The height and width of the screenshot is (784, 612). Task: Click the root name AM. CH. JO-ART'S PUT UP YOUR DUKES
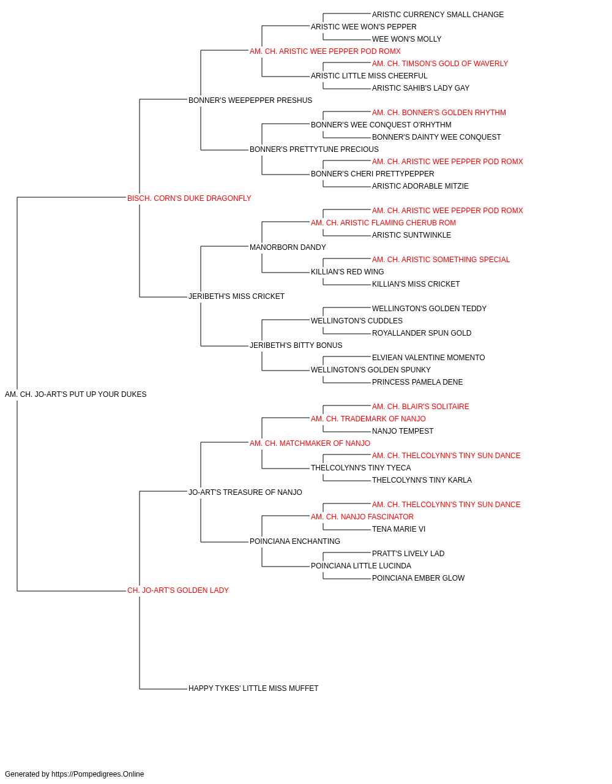click(x=76, y=394)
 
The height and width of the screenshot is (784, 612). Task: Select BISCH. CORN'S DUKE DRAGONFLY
click(x=189, y=198)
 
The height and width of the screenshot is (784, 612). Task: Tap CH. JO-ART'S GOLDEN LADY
click(x=178, y=590)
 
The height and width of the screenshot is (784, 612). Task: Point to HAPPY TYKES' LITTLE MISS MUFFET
click(x=253, y=688)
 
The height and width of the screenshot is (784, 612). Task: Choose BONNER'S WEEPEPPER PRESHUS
click(x=250, y=100)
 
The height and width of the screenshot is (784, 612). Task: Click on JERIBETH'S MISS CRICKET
click(x=236, y=296)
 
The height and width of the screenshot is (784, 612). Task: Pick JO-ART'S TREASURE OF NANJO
click(x=245, y=492)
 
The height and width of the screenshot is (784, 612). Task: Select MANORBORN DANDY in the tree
click(x=288, y=247)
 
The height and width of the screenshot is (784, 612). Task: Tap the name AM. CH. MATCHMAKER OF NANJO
click(x=310, y=443)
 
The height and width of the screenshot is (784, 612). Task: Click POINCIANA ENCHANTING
click(x=295, y=541)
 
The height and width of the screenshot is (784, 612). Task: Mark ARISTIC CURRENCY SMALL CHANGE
click(x=438, y=15)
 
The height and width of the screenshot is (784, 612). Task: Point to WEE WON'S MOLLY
click(x=406, y=39)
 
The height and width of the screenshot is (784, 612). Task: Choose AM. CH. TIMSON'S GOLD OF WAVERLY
click(x=440, y=64)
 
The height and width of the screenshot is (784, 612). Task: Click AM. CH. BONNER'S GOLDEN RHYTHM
click(x=439, y=113)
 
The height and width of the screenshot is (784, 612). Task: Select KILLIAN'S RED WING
click(x=348, y=272)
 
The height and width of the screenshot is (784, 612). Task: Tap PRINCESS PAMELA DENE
click(x=417, y=382)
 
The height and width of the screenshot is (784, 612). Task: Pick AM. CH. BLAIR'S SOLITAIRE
click(x=420, y=407)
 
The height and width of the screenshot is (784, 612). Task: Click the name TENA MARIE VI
click(x=398, y=529)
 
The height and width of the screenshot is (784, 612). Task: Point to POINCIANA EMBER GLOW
click(x=419, y=578)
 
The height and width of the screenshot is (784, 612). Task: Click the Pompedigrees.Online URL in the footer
click(x=98, y=774)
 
